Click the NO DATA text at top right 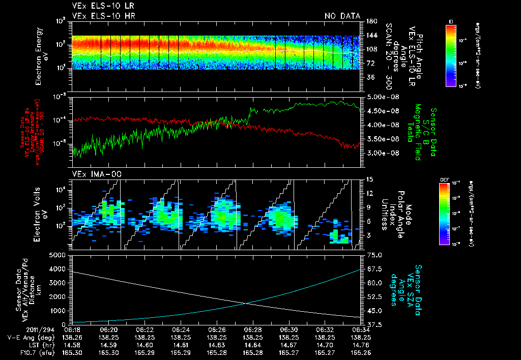tap(342, 16)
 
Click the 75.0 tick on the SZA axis tap(373, 255)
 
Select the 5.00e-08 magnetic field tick tap(382, 97)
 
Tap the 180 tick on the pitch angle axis tap(370, 21)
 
